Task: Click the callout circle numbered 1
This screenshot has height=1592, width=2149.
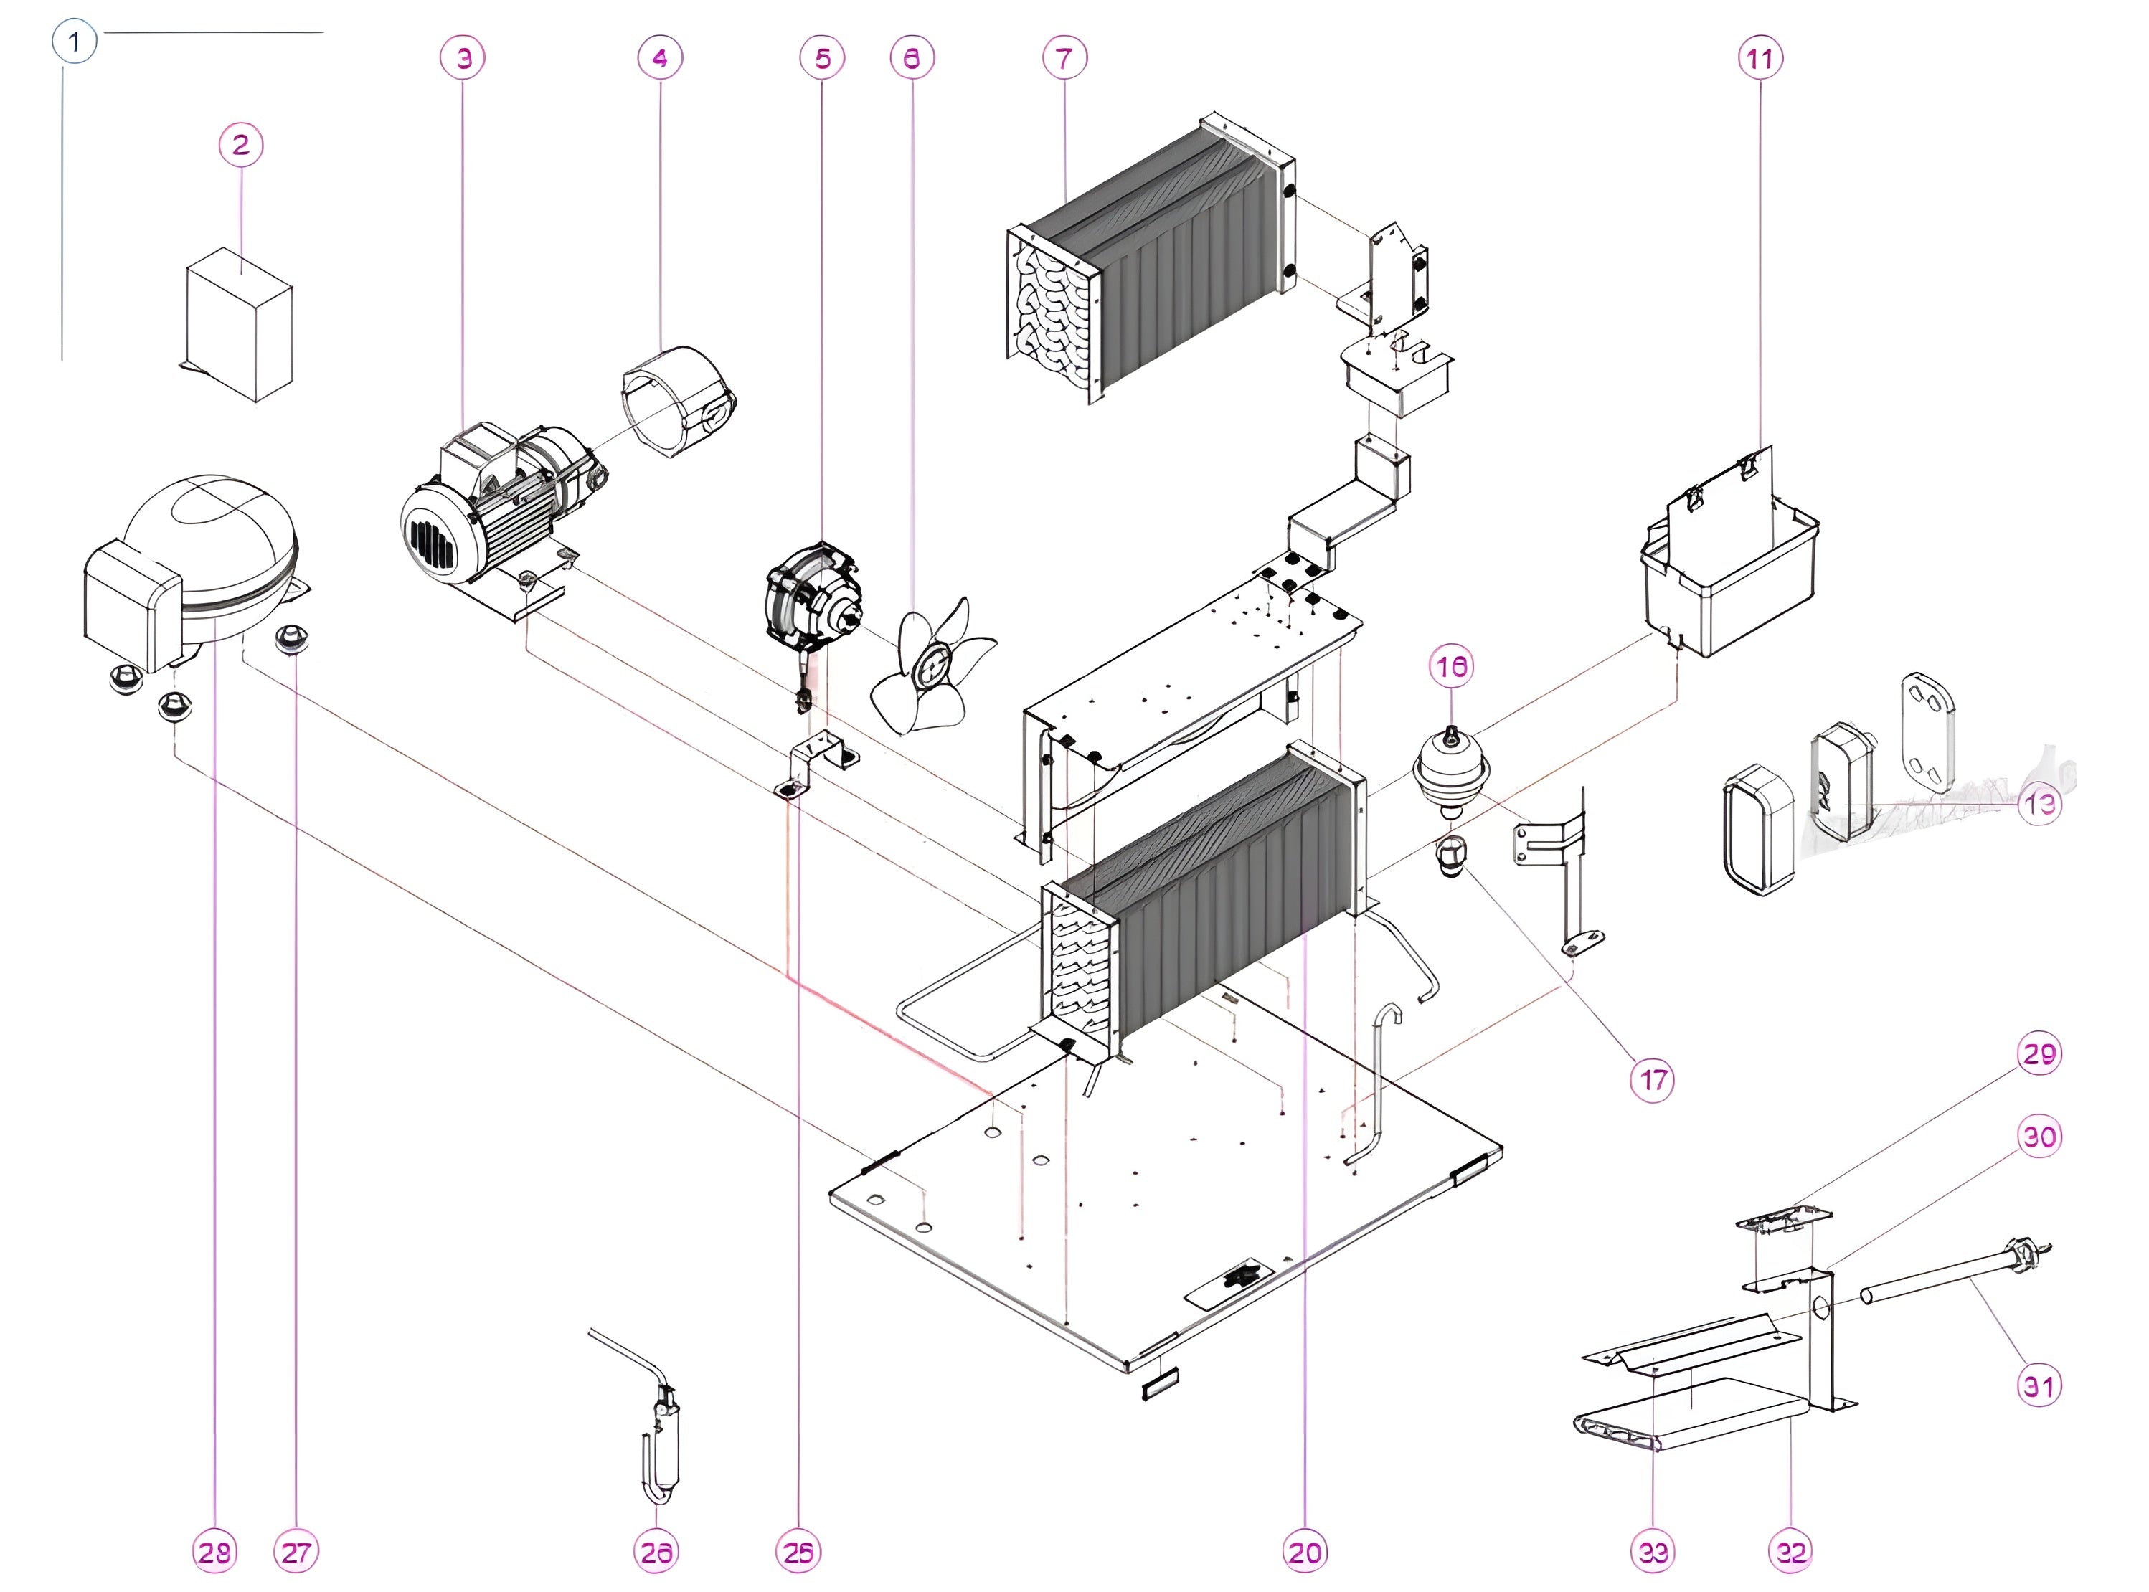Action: coord(74,42)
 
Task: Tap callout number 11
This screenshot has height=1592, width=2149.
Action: coord(1760,59)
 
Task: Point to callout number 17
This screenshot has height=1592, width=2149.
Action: coord(1653,1080)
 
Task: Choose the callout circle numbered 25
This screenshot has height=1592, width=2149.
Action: coord(798,1553)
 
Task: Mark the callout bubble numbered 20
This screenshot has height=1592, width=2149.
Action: coord(1305,1553)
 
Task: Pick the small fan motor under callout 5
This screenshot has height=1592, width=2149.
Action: coord(813,597)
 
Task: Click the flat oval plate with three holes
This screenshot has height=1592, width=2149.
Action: coord(1928,732)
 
